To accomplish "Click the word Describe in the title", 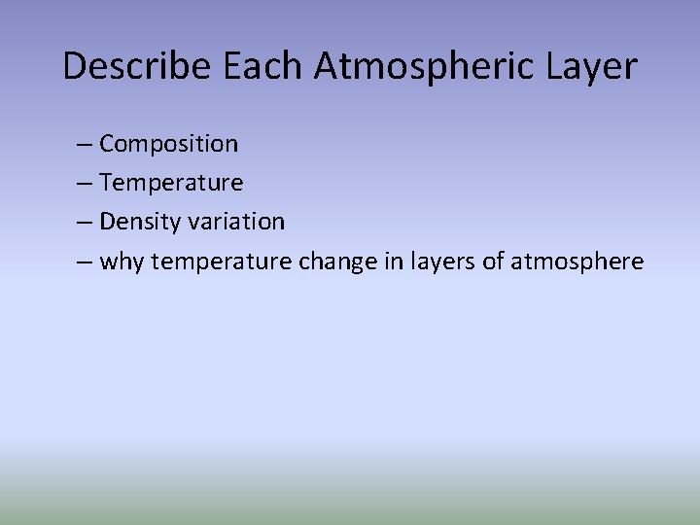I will point(138,66).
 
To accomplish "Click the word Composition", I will point(168,144).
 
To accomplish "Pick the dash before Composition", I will point(85,145).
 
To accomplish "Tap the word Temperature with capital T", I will point(171,183).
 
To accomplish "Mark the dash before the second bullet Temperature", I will point(85,184).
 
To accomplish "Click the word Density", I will point(133,222).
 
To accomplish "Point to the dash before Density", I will point(85,223).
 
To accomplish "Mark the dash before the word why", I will point(85,262).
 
